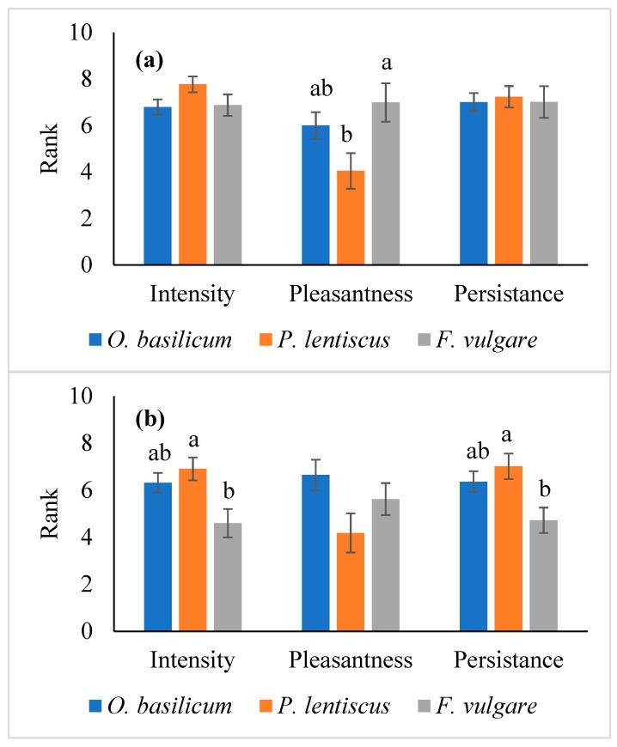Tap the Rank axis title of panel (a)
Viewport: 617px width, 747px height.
51,150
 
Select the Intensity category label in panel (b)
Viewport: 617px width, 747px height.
192,660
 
